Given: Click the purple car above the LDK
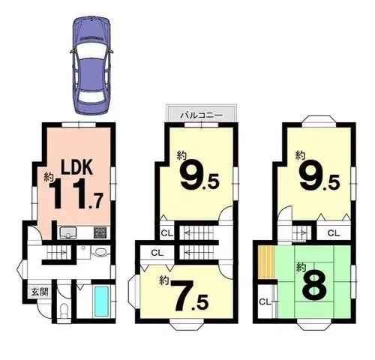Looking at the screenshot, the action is pos(91,65).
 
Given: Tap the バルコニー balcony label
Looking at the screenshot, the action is pos(202,115).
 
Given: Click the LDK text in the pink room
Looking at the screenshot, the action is pos(77,166).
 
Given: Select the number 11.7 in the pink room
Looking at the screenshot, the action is pos(76,193).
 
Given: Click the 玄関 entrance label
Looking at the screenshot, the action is pos(40,292).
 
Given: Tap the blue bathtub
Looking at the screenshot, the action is pos(101,301).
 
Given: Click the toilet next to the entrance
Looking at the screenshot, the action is pos(64,310).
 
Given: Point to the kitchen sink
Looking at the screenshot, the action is pos(68,232).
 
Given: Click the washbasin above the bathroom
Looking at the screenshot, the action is pos(101,252).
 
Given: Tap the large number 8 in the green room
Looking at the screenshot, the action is pos(314,285).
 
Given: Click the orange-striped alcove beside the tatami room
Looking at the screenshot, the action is pos(266,262).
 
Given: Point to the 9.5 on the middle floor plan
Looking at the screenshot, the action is pos(199,177).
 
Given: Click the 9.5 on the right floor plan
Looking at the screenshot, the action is pos(319,177).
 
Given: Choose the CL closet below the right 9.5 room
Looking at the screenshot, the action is pos(334,233).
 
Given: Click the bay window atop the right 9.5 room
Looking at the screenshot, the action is pos(319,120).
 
